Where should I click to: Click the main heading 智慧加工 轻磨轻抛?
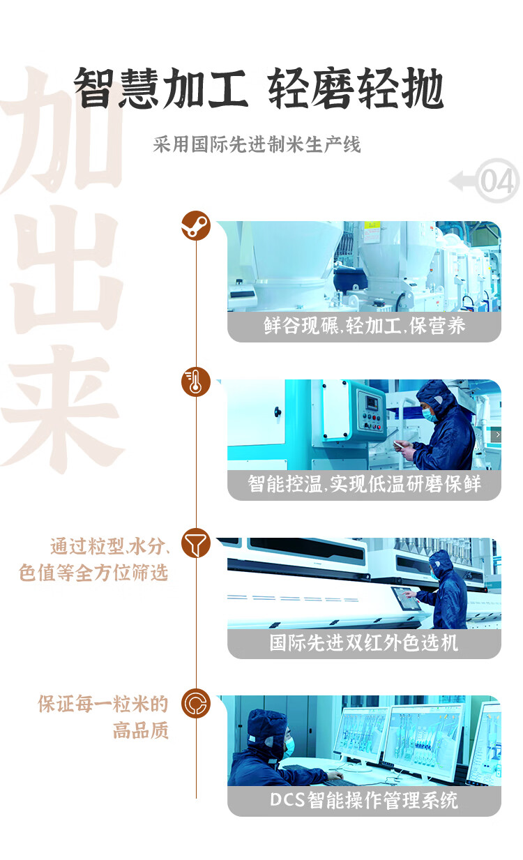click(x=259, y=88)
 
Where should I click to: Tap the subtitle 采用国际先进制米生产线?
click(x=257, y=145)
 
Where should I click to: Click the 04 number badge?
click(x=497, y=181)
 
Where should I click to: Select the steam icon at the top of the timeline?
click(x=196, y=225)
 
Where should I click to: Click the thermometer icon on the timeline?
click(x=196, y=382)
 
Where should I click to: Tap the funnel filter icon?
click(x=196, y=543)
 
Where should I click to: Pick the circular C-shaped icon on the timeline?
click(x=196, y=703)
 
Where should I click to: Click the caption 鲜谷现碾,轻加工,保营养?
click(x=364, y=326)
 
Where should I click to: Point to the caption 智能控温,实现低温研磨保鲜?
click(x=364, y=484)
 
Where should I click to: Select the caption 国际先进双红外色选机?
click(x=364, y=642)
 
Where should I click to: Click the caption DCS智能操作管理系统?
click(x=364, y=801)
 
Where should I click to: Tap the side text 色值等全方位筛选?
click(x=93, y=573)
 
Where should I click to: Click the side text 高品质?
click(x=141, y=730)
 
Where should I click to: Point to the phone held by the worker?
click(x=399, y=444)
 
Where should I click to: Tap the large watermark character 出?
click(x=66, y=269)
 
